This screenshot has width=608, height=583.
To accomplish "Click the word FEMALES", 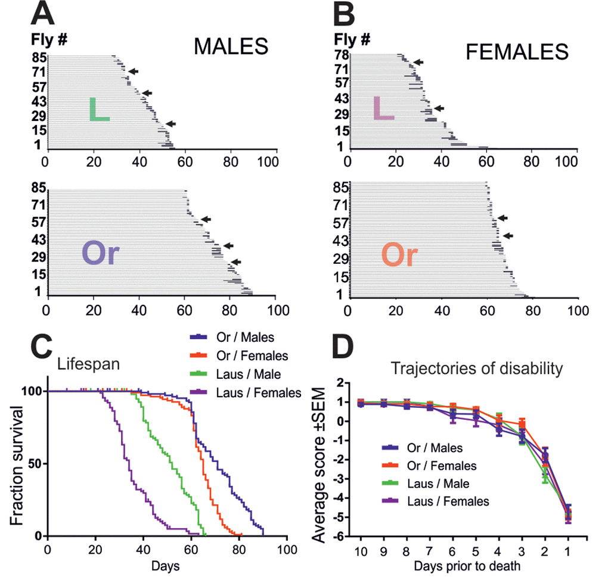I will pyautogui.click(x=517, y=53).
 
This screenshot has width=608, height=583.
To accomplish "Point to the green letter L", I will pyautogui.click(x=99, y=110).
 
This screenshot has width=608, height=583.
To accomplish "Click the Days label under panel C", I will pyautogui.click(x=166, y=565).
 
